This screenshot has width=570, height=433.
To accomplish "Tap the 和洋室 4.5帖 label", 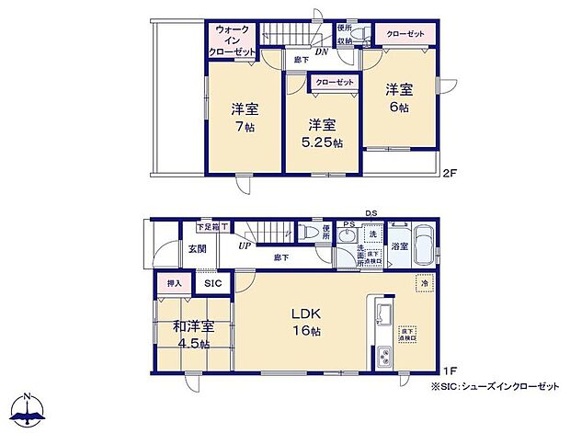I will (x=193, y=334).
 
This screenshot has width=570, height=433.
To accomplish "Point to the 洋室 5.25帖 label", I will (x=321, y=132).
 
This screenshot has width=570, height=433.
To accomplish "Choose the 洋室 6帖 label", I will (x=398, y=97).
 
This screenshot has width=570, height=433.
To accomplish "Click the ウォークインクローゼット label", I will (x=233, y=41).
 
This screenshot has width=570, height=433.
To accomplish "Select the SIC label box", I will (x=212, y=284).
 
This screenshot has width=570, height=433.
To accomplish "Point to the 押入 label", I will (x=174, y=284).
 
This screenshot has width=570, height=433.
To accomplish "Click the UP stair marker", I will (x=245, y=246).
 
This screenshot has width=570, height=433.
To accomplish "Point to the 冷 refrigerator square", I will (x=424, y=284).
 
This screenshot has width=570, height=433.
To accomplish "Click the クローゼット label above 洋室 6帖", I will (x=405, y=34).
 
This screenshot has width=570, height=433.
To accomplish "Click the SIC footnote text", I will (x=496, y=386).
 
